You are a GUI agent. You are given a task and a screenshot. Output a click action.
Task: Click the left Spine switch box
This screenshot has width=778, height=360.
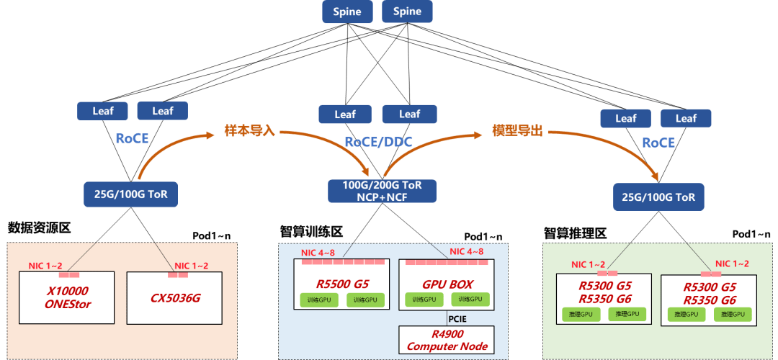click(347, 12)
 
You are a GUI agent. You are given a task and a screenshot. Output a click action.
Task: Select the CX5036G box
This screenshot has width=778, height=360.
click(176, 297)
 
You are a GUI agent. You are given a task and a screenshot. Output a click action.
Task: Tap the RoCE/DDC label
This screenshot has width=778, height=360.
click(378, 143)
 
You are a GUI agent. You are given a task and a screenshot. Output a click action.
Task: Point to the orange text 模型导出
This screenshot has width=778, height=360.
click(516, 132)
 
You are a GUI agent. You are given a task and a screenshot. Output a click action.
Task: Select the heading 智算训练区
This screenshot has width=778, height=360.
click(311, 232)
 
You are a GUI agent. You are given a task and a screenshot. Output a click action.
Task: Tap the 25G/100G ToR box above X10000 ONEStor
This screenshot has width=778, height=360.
click(131, 193)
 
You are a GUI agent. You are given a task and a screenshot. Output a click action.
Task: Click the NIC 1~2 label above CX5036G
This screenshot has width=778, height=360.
click(192, 266)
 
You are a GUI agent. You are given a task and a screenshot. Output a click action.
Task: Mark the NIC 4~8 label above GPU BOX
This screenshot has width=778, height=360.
click(466, 251)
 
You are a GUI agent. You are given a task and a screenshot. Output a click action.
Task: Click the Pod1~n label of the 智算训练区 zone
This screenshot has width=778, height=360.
click(483, 236)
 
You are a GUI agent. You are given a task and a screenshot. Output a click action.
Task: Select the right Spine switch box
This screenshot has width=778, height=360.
click(407, 12)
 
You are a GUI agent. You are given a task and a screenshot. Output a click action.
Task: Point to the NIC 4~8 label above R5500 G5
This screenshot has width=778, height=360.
click(318, 251)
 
